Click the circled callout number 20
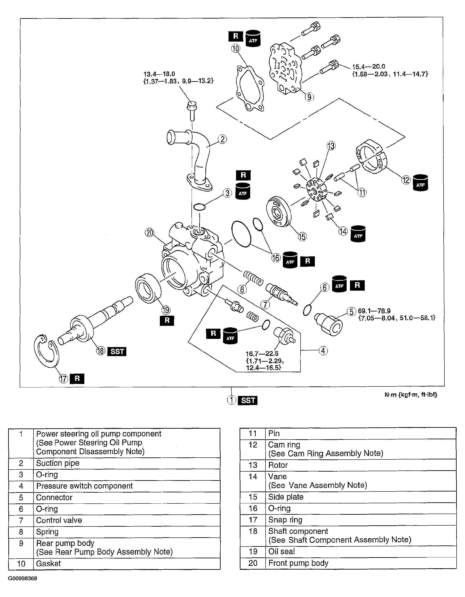point(149,233)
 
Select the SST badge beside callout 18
point(117,351)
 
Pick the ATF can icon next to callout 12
point(420,183)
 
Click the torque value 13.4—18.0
point(159,74)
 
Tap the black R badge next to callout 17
point(77,379)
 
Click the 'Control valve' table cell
point(59,520)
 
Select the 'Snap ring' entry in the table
point(285,520)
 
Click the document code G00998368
point(23,579)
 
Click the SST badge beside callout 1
point(248,400)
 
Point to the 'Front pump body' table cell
point(298,563)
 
